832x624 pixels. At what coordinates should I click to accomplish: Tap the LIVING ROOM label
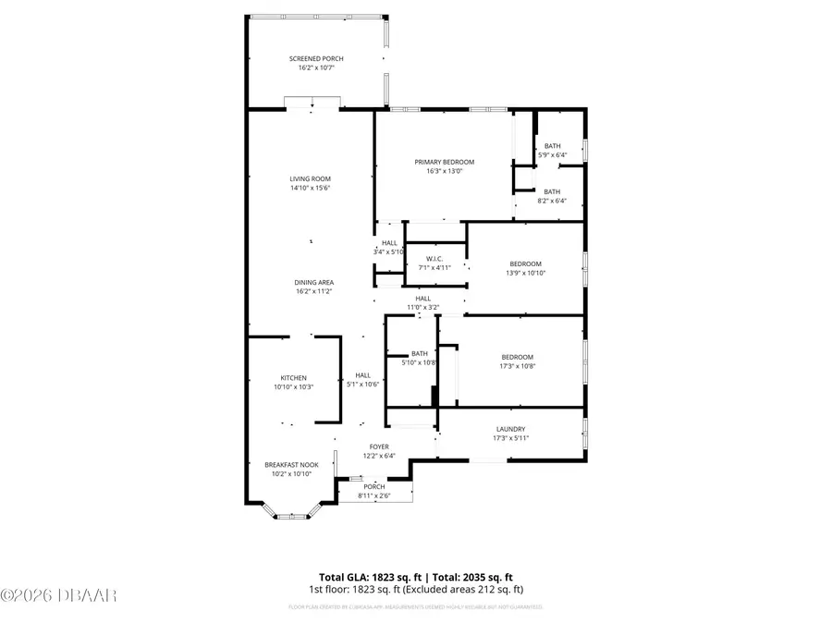coord(311,178)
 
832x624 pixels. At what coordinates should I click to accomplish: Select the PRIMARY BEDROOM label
coord(444,162)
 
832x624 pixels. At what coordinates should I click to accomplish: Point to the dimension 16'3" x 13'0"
coord(444,171)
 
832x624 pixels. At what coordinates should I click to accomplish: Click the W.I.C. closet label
coord(434,258)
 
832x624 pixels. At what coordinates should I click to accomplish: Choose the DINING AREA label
coord(314,282)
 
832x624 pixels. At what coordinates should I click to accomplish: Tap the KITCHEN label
coord(294,377)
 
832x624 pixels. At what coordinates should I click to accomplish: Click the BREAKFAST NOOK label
coord(291,465)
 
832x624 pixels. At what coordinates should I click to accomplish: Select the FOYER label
coord(380,446)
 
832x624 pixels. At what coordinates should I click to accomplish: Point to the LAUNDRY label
coord(510,429)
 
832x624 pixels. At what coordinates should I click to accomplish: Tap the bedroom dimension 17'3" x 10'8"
coord(517,366)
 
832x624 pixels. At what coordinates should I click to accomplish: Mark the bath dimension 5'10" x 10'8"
coord(419,362)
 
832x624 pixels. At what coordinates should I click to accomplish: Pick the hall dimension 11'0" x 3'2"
coord(422,307)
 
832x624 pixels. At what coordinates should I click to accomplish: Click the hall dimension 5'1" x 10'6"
coord(363,384)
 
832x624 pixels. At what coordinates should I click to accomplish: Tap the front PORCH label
coord(373,486)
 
